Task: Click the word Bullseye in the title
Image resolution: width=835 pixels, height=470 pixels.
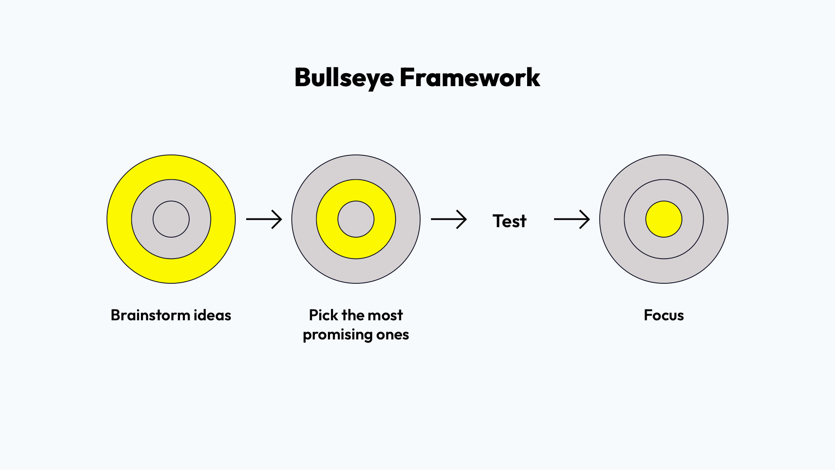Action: (344, 78)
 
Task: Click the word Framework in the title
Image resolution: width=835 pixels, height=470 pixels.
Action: (470, 78)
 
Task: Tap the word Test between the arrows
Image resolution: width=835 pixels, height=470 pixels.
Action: (509, 221)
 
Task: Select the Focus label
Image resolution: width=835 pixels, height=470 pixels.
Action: (664, 315)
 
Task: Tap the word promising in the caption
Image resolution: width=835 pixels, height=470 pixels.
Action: (337, 335)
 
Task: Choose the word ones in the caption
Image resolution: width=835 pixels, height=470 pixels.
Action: (393, 335)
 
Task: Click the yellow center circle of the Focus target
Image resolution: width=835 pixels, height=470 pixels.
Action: (664, 219)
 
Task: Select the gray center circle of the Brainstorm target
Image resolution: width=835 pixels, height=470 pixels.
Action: (171, 219)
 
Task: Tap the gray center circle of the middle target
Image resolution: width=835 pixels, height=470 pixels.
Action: (356, 219)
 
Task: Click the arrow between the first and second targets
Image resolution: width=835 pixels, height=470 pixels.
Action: (264, 219)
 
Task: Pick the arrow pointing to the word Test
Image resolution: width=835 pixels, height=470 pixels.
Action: (449, 219)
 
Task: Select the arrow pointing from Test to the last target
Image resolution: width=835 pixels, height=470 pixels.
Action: (572, 219)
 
